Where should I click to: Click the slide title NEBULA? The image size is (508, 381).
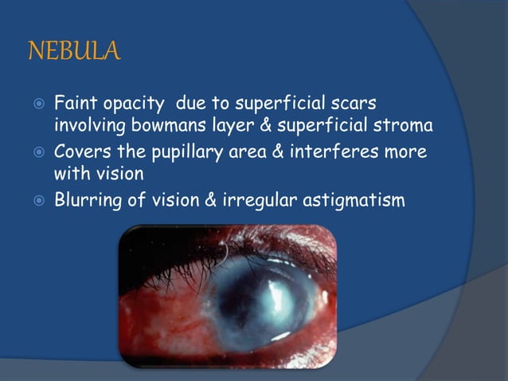click(73, 53)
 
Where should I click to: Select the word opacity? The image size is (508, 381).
click(134, 104)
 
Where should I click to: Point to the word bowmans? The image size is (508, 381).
click(153, 126)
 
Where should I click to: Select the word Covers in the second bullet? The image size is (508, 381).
click(79, 152)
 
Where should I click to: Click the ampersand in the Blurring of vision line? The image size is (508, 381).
click(211, 200)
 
